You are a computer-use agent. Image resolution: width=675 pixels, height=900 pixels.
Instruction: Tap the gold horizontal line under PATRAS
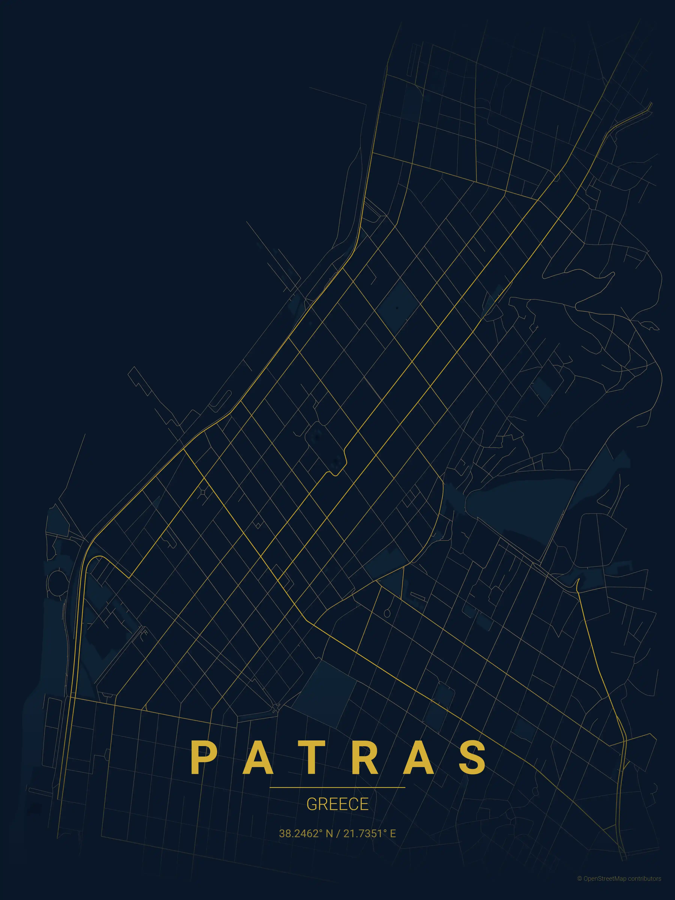[x=337, y=787]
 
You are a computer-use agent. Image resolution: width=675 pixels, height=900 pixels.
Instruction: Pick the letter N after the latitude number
[x=329, y=833]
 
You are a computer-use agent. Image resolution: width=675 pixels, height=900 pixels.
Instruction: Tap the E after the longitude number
[x=393, y=833]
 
